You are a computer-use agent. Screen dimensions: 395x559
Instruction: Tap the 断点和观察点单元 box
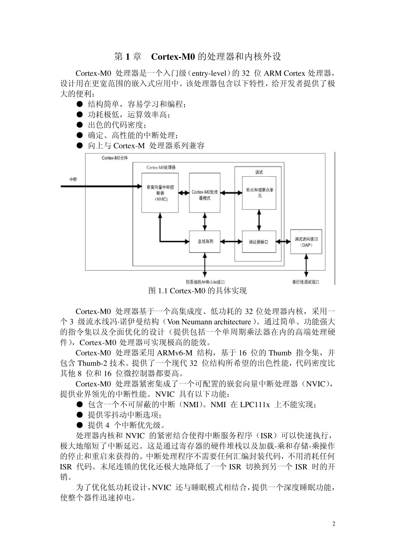point(259,193)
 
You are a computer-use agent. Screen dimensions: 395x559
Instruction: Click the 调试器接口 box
point(259,242)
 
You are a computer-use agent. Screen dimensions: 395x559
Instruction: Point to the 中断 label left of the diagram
point(73,179)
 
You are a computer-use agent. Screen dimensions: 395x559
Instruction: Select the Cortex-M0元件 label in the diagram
point(115,158)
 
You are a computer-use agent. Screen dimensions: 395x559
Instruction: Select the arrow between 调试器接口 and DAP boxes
point(283,242)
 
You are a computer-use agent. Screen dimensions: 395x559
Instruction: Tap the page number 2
point(333,524)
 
